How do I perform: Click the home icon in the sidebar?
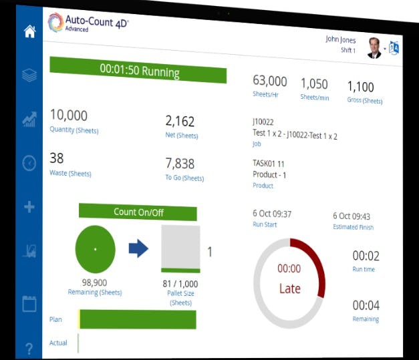click(29, 31)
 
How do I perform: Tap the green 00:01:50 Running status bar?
click(138, 70)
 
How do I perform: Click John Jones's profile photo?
click(374, 47)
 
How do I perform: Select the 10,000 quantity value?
click(69, 116)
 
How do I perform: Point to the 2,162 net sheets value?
click(180, 121)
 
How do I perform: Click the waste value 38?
click(57, 159)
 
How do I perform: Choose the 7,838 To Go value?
click(180, 164)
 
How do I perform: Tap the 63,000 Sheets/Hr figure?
click(270, 81)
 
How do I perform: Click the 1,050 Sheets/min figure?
click(314, 83)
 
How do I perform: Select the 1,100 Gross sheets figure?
click(361, 87)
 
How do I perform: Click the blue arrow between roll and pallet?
click(138, 248)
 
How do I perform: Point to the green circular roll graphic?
click(95, 249)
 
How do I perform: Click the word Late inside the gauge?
click(289, 289)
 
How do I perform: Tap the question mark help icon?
click(29, 348)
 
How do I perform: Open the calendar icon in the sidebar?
click(29, 303)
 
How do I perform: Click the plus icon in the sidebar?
click(29, 207)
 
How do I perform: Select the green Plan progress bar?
click(138, 319)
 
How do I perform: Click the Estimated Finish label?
click(353, 228)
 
